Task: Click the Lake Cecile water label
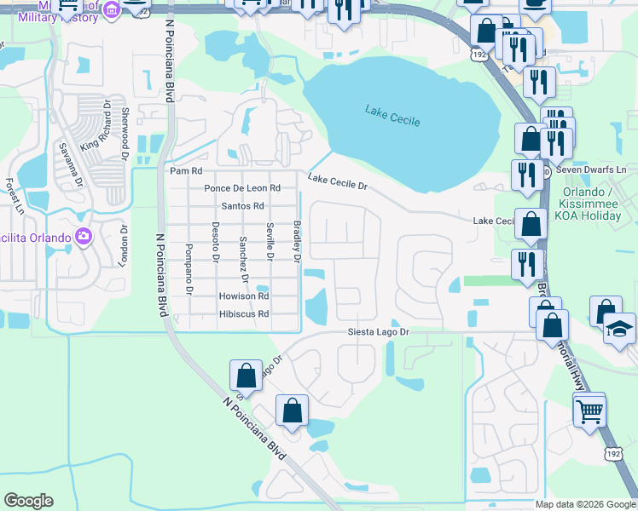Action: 392,115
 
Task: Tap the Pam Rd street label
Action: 185,171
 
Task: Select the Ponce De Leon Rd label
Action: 241,188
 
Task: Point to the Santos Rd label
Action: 242,206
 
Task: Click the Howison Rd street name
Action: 243,296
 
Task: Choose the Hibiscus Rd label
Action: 243,313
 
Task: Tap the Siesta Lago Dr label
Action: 379,332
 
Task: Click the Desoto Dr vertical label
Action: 215,244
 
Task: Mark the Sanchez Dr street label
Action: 243,259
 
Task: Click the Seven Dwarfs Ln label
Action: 590,169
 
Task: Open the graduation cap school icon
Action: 619,329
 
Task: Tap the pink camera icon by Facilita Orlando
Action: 84,236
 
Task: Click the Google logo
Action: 28,501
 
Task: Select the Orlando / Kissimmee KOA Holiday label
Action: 594,204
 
